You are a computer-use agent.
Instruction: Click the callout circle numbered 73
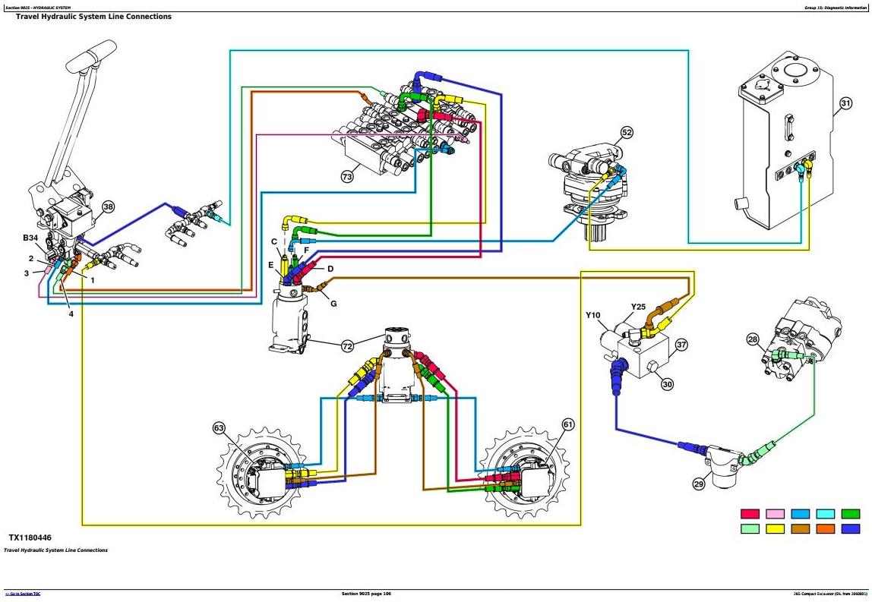(347, 178)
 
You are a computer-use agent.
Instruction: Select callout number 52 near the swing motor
(627, 133)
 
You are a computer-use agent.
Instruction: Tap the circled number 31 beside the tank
(846, 103)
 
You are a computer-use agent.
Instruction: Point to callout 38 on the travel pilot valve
(108, 206)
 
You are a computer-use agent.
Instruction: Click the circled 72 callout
(347, 346)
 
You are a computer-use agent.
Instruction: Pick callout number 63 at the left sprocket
(220, 429)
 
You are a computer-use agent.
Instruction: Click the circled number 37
(681, 345)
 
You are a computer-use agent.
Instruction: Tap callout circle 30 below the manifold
(667, 384)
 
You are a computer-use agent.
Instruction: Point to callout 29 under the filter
(699, 483)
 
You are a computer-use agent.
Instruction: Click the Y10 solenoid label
(593, 315)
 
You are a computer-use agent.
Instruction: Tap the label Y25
(638, 307)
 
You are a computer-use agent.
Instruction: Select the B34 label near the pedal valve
(30, 238)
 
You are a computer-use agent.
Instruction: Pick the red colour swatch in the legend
(750, 514)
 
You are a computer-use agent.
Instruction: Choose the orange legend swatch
(825, 528)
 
